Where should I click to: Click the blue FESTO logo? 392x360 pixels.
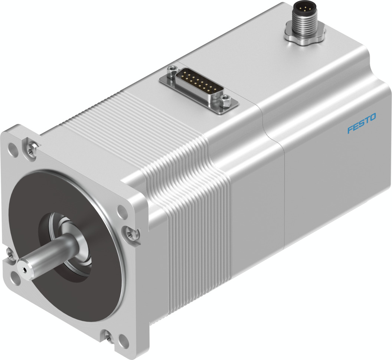[x=362, y=123]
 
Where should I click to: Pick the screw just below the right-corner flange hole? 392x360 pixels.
[x=130, y=233]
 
